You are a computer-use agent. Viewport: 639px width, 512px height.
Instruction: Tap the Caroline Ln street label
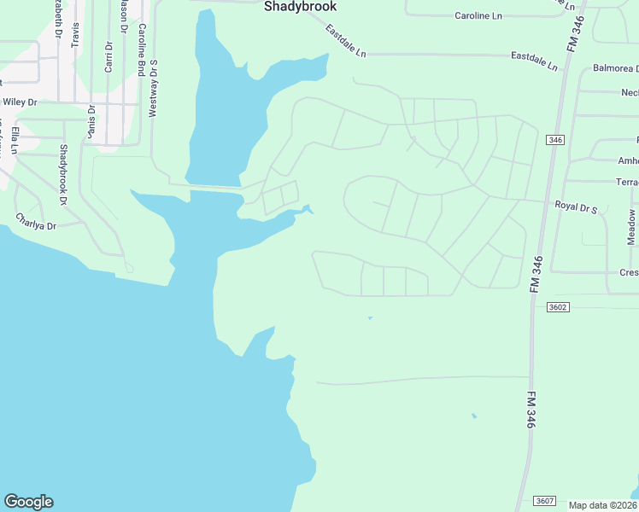point(478,15)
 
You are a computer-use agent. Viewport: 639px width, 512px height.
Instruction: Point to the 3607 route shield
point(545,500)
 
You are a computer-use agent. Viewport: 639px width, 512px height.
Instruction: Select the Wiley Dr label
point(20,102)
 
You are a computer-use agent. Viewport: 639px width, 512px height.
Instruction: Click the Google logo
point(28,502)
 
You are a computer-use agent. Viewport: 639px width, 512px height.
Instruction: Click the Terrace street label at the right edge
point(627,182)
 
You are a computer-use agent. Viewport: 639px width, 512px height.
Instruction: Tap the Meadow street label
point(632,228)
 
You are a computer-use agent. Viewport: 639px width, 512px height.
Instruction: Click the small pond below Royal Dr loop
point(370,318)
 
